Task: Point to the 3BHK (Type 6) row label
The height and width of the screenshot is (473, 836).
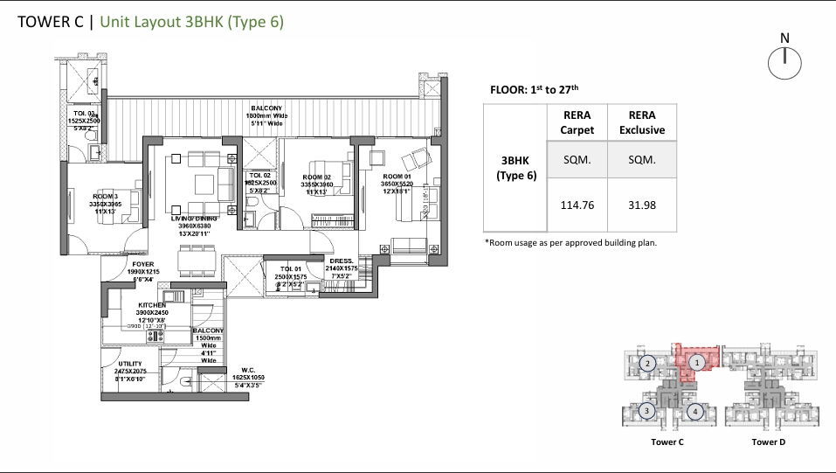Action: [x=514, y=169]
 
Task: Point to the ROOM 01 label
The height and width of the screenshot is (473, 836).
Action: [x=398, y=177]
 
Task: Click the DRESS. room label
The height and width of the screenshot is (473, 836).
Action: [x=342, y=261]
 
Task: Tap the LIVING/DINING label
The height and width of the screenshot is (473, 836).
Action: [x=196, y=219]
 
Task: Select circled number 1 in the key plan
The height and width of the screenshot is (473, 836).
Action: [x=696, y=360]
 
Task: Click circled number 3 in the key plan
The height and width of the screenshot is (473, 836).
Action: [x=647, y=410]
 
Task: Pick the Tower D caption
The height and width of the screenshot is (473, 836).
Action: [x=768, y=442]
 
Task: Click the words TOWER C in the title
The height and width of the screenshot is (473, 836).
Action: [x=51, y=23]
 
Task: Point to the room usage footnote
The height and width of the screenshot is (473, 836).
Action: [x=570, y=242]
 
